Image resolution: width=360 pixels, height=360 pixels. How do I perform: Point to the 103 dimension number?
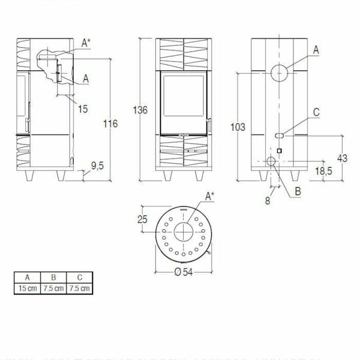point(238,127)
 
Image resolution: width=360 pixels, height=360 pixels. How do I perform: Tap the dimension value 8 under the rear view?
point(268,201)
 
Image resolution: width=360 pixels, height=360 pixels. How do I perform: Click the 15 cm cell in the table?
point(28,288)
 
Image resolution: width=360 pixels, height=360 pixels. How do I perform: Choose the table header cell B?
point(55,278)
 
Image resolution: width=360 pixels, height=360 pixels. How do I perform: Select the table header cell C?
point(80,278)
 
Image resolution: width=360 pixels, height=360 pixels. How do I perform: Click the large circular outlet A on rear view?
point(279,73)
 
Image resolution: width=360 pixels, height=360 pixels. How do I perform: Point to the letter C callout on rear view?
point(316,112)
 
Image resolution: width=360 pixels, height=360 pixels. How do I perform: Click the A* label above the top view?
point(209,196)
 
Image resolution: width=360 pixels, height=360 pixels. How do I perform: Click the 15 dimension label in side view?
point(83,109)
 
